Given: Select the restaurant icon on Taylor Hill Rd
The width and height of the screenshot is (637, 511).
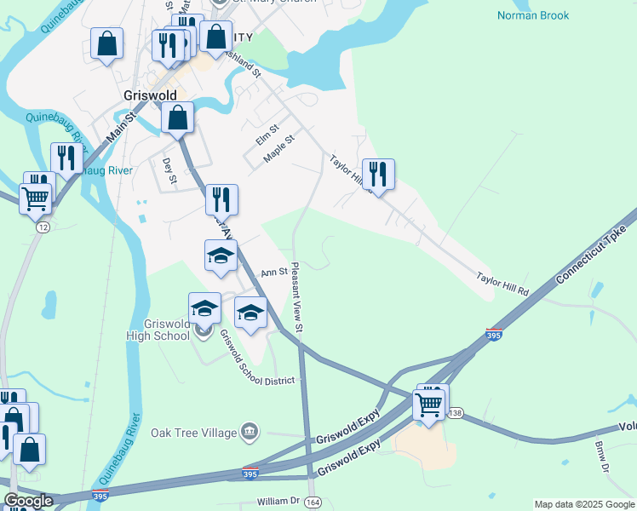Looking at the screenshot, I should tap(377, 174).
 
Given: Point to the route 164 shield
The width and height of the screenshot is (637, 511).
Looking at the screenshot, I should tap(313, 502).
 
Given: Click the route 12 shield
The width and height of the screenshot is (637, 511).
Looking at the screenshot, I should tap(42, 227).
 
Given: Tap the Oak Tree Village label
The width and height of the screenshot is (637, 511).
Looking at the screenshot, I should tap(193, 433).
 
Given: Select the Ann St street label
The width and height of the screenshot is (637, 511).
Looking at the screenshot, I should tap(273, 273).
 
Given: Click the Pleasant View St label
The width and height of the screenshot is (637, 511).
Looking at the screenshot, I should tap(297, 296).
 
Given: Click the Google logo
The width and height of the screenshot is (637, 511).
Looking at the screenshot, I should tap(28, 501).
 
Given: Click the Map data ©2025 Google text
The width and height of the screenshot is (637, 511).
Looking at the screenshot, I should tap(584, 504).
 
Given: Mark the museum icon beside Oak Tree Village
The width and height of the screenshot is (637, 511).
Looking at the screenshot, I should tap(249, 433).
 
